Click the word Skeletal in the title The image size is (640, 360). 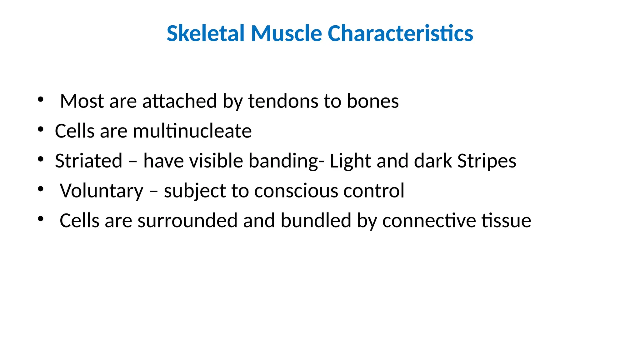click(x=206, y=33)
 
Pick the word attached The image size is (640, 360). click(x=179, y=101)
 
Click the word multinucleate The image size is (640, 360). click(x=192, y=131)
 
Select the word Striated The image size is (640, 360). click(x=88, y=161)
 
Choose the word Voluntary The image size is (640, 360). click(x=102, y=191)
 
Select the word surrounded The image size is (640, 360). click(x=187, y=221)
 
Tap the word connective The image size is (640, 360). click(x=429, y=221)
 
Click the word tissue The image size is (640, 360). click(x=506, y=221)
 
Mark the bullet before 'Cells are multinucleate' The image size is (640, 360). click(x=40, y=129)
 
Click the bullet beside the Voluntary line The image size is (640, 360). click(x=40, y=189)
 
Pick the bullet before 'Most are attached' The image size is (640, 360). click(x=40, y=99)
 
